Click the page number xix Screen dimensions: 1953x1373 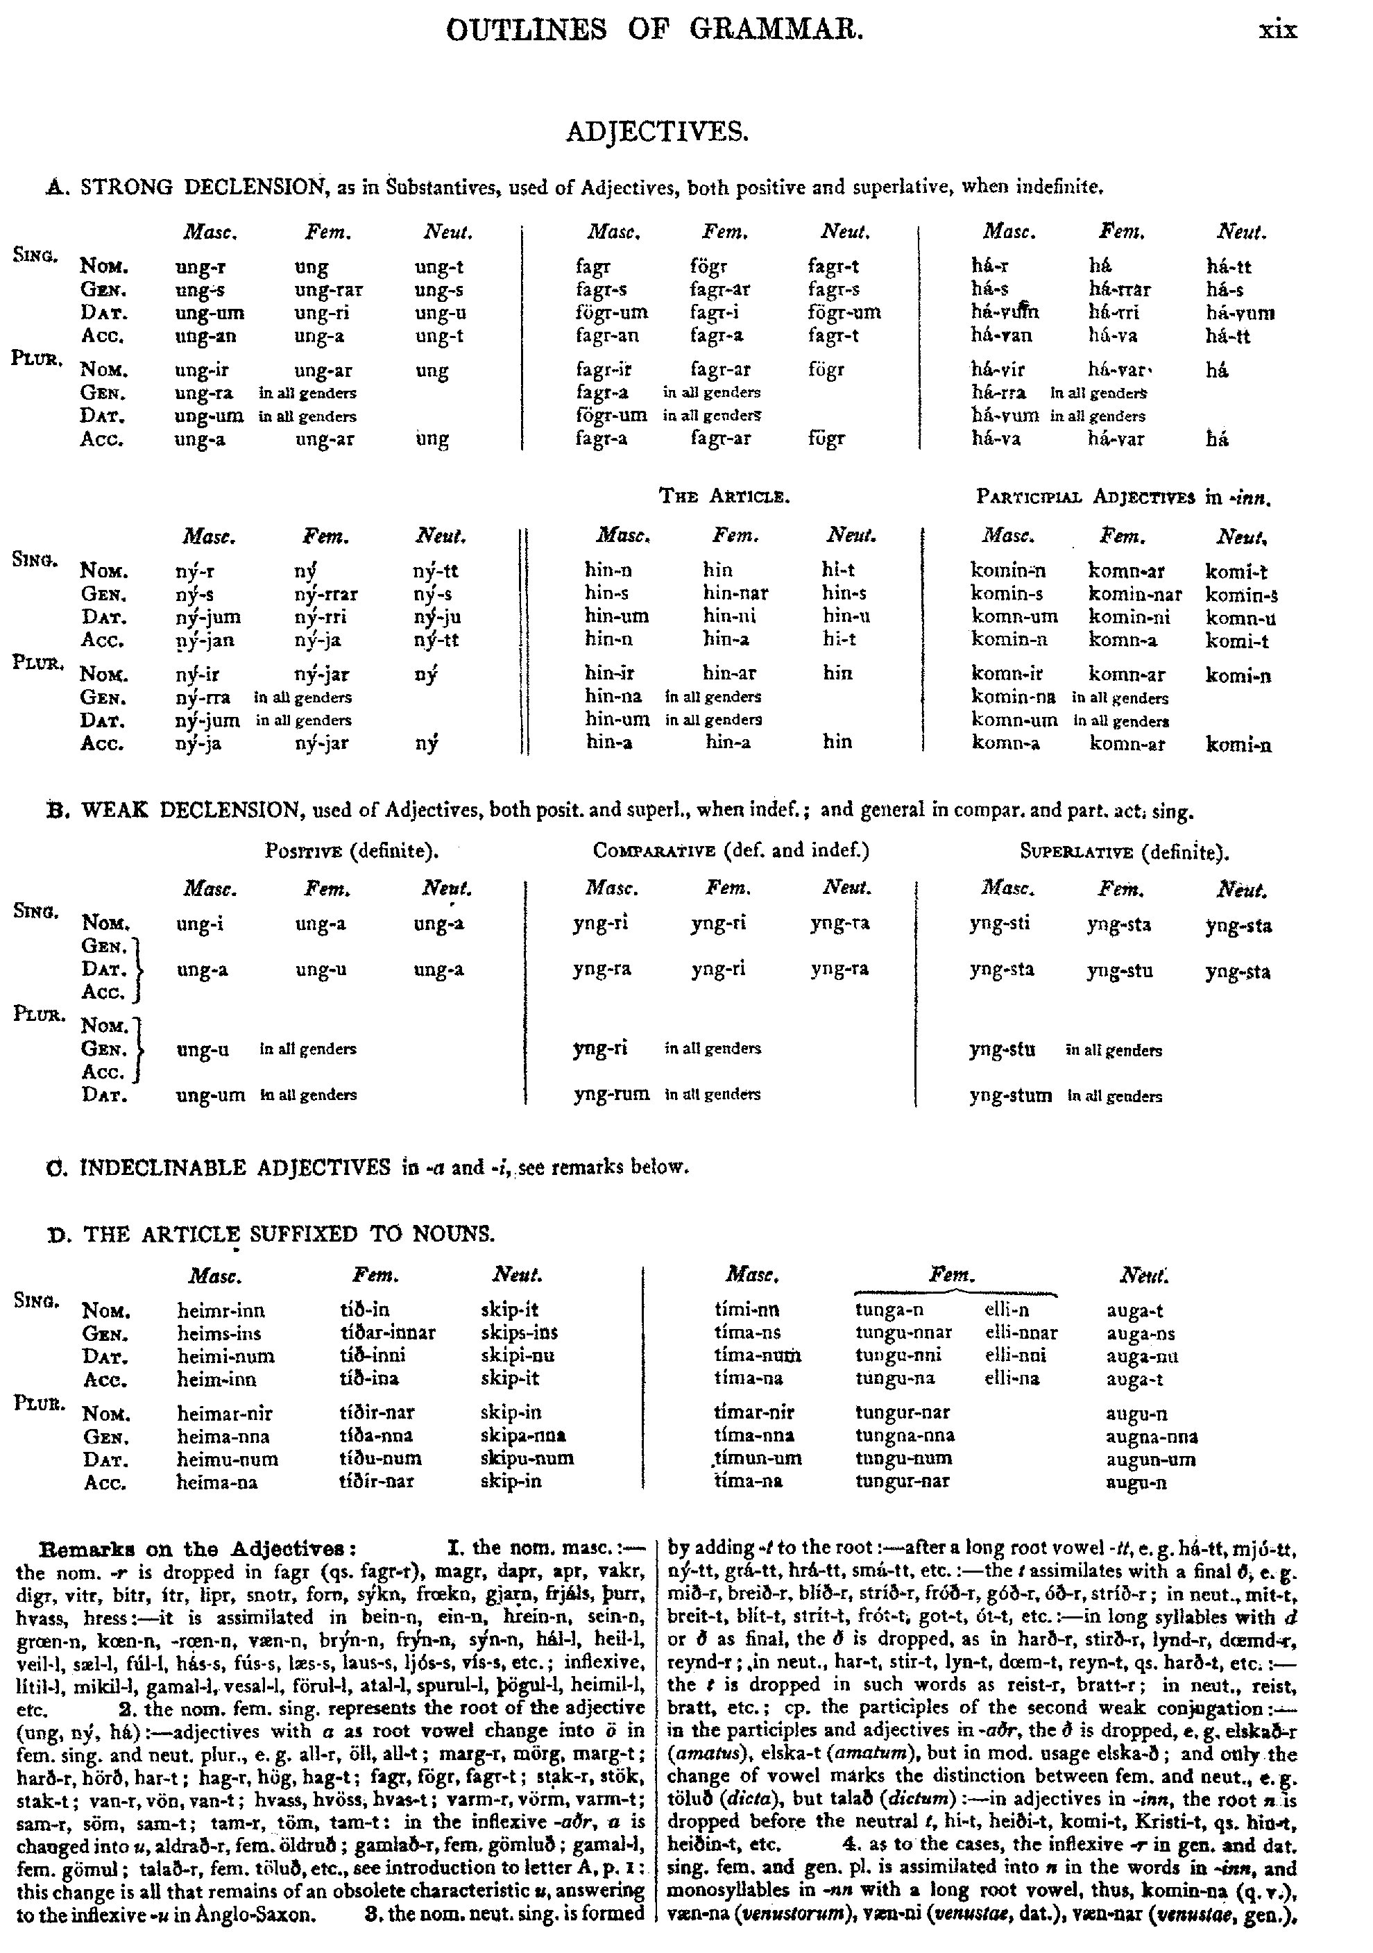[x=1277, y=31]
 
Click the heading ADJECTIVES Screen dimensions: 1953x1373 [x=657, y=132]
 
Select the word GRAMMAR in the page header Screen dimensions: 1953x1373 [x=776, y=31]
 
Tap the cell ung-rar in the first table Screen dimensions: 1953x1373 [x=329, y=290]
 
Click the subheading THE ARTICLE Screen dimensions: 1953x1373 [x=724, y=496]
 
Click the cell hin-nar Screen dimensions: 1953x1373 [x=735, y=593]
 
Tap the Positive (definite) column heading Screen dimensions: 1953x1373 [x=352, y=851]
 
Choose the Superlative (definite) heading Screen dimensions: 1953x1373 [x=1124, y=852]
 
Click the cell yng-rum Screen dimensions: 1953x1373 [x=611, y=1094]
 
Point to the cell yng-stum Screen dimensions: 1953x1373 [x=1010, y=1096]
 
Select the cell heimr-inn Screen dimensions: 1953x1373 [x=221, y=1310]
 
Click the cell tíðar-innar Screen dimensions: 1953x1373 [x=387, y=1333]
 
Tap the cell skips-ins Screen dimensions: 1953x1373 [x=518, y=1333]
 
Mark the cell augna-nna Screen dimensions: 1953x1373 [x=1151, y=1437]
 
